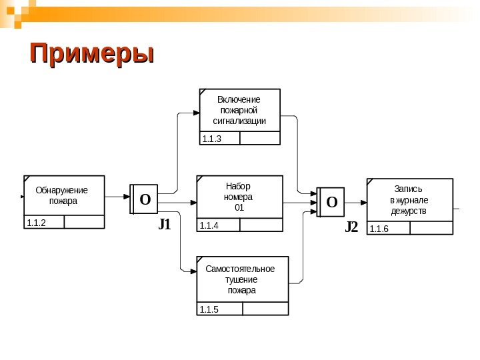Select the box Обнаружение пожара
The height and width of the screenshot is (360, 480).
65,202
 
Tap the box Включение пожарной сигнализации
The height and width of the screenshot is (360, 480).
240,117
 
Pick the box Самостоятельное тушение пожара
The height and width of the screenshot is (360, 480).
243,285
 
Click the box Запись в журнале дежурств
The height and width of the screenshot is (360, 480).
409,207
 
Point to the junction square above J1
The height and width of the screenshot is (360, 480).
145,199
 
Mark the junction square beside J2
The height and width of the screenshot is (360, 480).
331,201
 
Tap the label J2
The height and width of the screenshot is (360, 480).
351,228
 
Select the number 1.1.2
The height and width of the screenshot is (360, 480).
36,223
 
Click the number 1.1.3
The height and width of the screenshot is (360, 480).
211,139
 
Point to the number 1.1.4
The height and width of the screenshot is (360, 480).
209,226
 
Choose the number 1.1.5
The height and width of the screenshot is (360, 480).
209,309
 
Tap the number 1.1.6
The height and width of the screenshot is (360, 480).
379,229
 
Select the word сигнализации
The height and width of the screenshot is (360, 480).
239,121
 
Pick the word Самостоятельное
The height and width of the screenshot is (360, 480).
240,269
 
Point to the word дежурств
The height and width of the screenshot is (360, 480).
409,212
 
